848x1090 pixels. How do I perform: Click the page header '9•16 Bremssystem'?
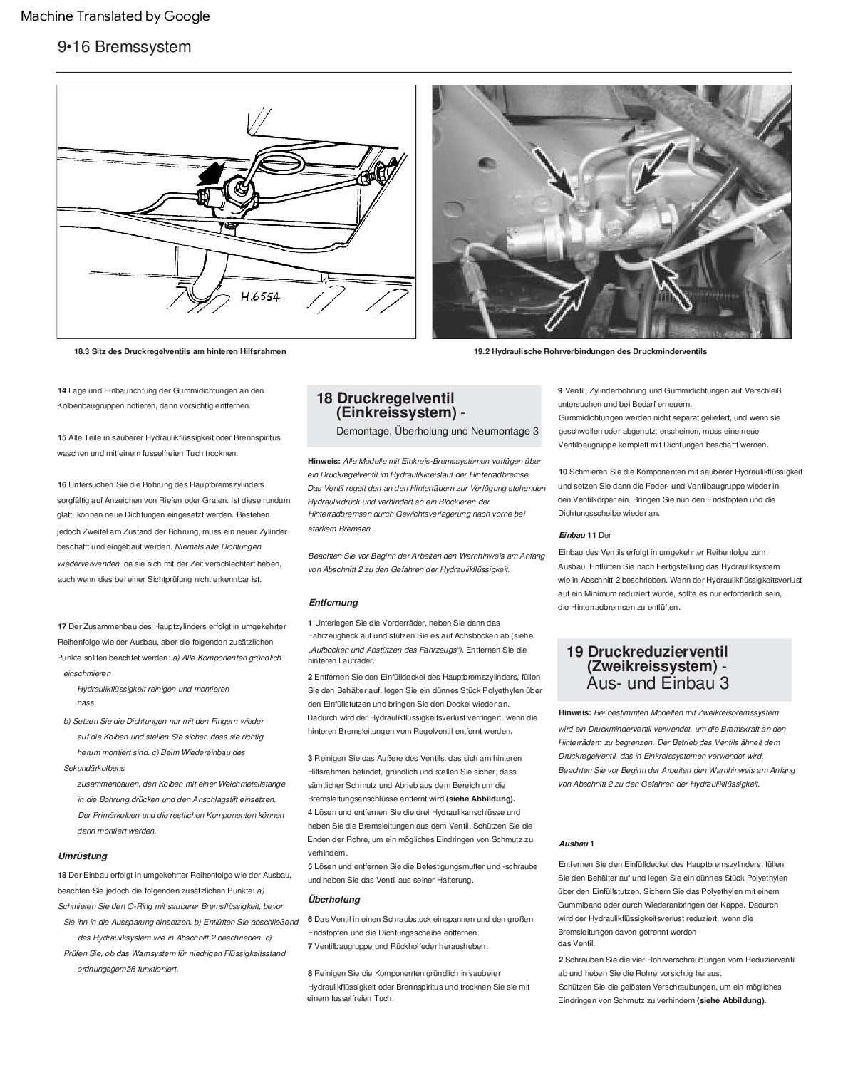coord(125,47)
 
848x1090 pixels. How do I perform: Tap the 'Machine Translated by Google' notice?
coord(115,16)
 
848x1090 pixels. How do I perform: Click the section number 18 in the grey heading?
coord(324,398)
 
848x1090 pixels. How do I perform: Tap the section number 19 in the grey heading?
coord(575,651)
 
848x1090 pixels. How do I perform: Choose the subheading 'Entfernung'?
coord(333,602)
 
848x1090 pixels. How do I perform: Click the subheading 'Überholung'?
coord(334,899)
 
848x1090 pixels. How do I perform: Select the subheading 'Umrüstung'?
coord(82,856)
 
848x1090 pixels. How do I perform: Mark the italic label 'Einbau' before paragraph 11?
coord(572,535)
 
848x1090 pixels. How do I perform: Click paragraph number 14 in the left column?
coord(62,390)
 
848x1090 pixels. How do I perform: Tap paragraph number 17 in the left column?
coord(62,626)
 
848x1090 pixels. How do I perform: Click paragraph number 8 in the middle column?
coord(310,972)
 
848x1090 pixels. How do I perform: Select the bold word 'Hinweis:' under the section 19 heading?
coord(575,712)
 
